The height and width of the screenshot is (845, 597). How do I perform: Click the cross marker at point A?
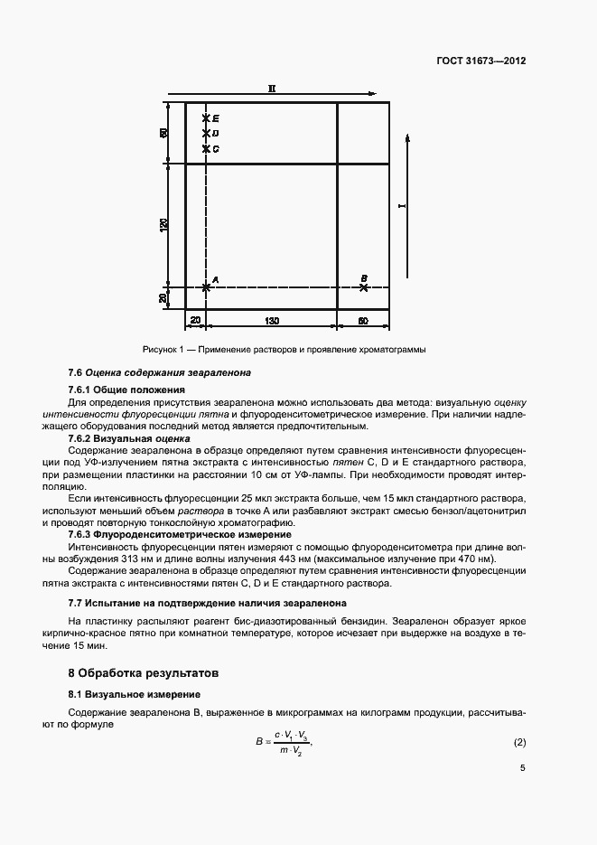pos(206,286)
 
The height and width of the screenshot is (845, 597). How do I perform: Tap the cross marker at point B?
pos(363,287)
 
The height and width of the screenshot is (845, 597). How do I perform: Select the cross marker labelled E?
pos(206,118)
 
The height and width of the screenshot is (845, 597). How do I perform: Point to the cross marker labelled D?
pos(206,134)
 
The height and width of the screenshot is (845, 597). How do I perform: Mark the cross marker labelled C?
pos(206,148)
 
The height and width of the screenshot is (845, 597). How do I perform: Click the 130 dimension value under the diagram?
pos(271,320)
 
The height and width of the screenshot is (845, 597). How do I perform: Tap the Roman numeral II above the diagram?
pos(271,88)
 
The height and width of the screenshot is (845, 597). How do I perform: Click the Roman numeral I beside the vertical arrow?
pos(403,207)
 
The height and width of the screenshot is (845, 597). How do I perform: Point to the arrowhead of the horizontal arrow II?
pos(373,92)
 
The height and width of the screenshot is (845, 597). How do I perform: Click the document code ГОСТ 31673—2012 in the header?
pos(480,61)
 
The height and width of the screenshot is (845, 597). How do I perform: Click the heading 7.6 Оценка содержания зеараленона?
pos(160,372)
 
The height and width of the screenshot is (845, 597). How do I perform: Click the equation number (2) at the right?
pos(519,743)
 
